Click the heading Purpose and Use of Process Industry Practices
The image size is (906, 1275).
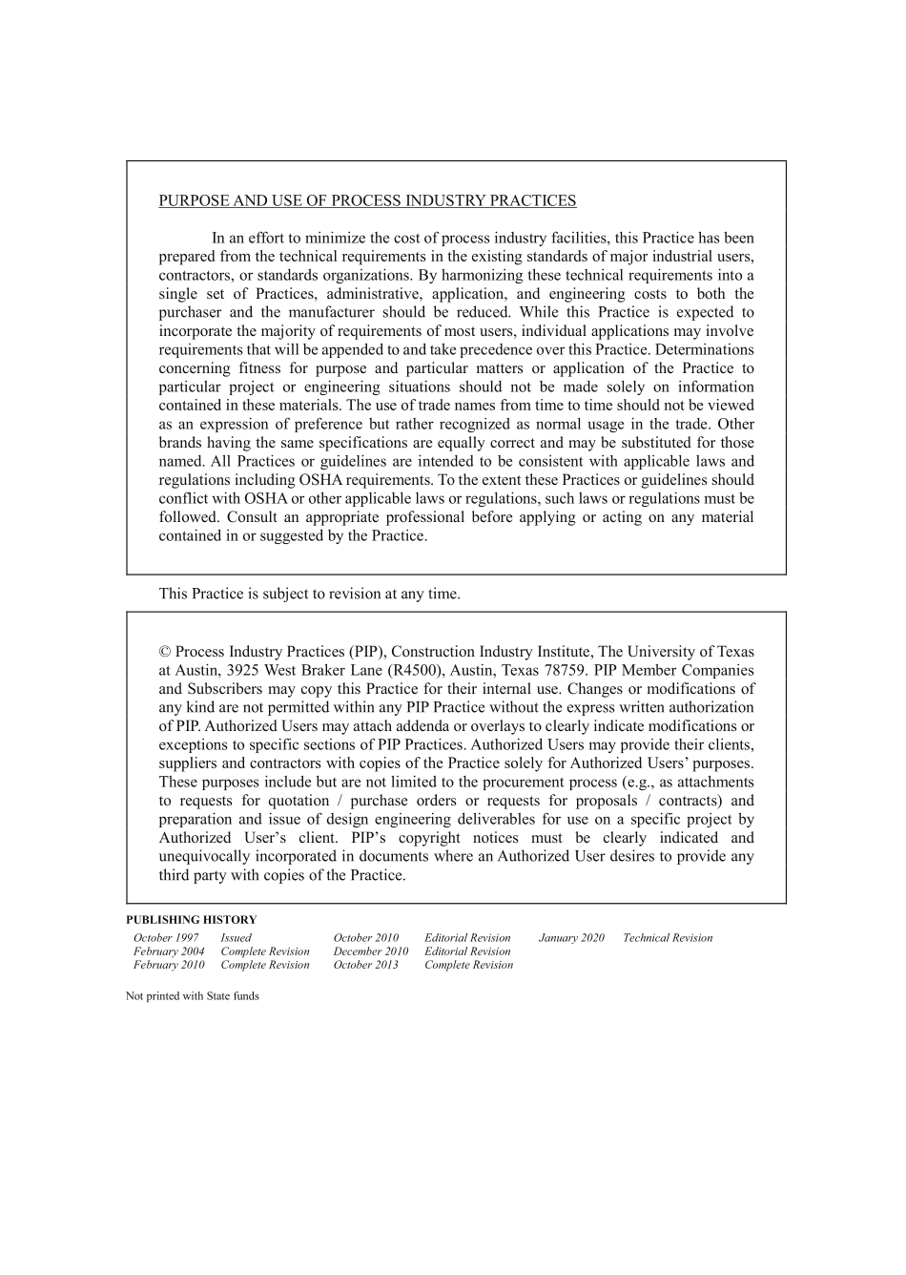click(367, 200)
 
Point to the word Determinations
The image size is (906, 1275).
click(705, 350)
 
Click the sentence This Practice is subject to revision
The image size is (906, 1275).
click(309, 594)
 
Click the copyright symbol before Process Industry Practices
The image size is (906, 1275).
click(165, 652)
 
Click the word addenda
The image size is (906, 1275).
click(419, 726)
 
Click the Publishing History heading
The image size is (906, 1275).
click(191, 920)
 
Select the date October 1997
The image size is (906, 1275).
click(166, 938)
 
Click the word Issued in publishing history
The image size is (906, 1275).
click(236, 938)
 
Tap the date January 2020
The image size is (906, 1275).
click(571, 938)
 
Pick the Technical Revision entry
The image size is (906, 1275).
click(668, 938)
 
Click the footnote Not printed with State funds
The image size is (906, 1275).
click(193, 996)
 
